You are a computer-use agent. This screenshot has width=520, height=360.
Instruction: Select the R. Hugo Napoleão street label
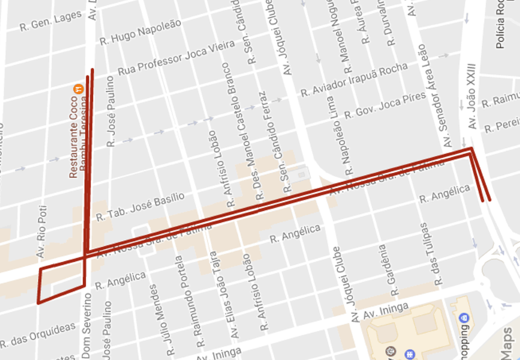coord(140,33)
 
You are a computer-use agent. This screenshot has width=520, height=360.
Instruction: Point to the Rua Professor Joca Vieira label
coord(176,58)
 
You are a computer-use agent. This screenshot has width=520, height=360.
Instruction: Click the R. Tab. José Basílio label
coord(140,207)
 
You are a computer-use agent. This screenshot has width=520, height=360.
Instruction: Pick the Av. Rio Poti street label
coord(42,232)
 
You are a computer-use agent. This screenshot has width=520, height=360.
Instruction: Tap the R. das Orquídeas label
coord(38,335)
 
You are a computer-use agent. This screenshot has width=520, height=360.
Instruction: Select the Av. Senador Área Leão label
coord(434,96)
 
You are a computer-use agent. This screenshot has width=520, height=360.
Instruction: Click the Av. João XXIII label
coord(471,96)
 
